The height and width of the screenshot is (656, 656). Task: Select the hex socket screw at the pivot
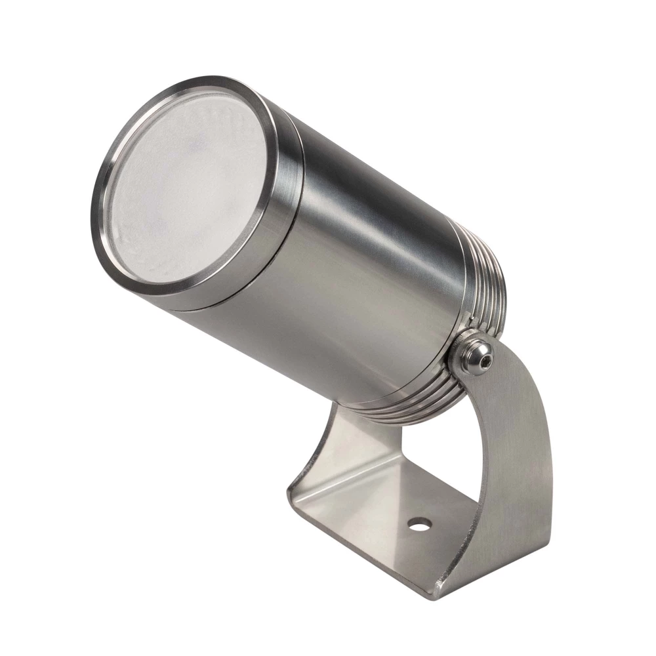pyautogui.click(x=476, y=353)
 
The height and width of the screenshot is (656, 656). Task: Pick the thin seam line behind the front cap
pyautogui.click(x=289, y=216)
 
